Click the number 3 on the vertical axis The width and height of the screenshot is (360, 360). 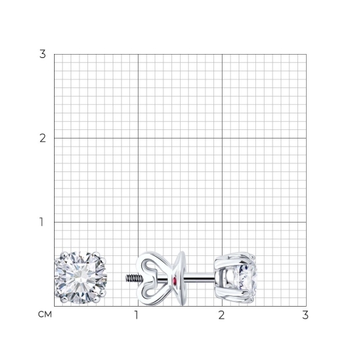tap(43, 54)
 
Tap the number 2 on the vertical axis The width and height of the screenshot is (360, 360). tap(43, 138)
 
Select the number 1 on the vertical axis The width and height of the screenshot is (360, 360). tap(41, 222)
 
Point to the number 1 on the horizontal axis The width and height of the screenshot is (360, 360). tap(137, 315)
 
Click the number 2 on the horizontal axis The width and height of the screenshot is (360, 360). tap(221, 315)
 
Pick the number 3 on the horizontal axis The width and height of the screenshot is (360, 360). tap(305, 315)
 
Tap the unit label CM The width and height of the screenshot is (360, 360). tap(45, 315)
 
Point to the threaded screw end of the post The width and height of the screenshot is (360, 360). tap(134, 278)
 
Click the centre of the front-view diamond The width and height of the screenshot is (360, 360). tap(81, 277)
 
